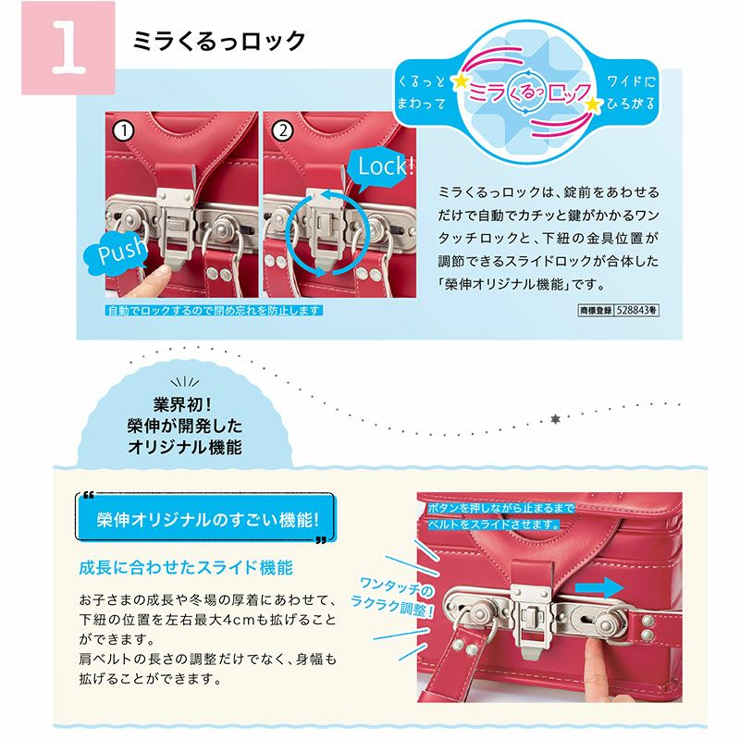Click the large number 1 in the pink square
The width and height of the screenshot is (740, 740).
[x=68, y=48]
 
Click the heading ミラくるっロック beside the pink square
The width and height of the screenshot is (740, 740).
[x=219, y=41]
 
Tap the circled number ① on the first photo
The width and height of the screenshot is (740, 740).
[x=124, y=130]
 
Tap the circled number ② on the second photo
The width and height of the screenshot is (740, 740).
[x=283, y=130]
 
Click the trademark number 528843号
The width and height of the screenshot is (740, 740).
[x=636, y=310]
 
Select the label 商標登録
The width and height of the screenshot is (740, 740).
[x=596, y=310]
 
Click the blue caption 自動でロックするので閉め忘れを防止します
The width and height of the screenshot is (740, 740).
[x=214, y=311]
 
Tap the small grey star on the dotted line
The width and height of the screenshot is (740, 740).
[x=556, y=419]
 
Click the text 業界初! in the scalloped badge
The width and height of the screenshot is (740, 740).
[x=182, y=404]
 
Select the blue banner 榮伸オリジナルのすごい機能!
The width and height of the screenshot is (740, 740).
[x=206, y=519]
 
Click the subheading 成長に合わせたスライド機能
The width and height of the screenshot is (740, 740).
[x=186, y=567]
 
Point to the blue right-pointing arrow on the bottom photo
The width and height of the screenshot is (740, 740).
[x=599, y=588]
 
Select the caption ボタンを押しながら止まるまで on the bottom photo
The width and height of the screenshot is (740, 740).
[x=501, y=508]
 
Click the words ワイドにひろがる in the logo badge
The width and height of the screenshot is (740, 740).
[x=631, y=92]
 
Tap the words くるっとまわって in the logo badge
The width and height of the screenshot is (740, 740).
[x=421, y=92]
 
